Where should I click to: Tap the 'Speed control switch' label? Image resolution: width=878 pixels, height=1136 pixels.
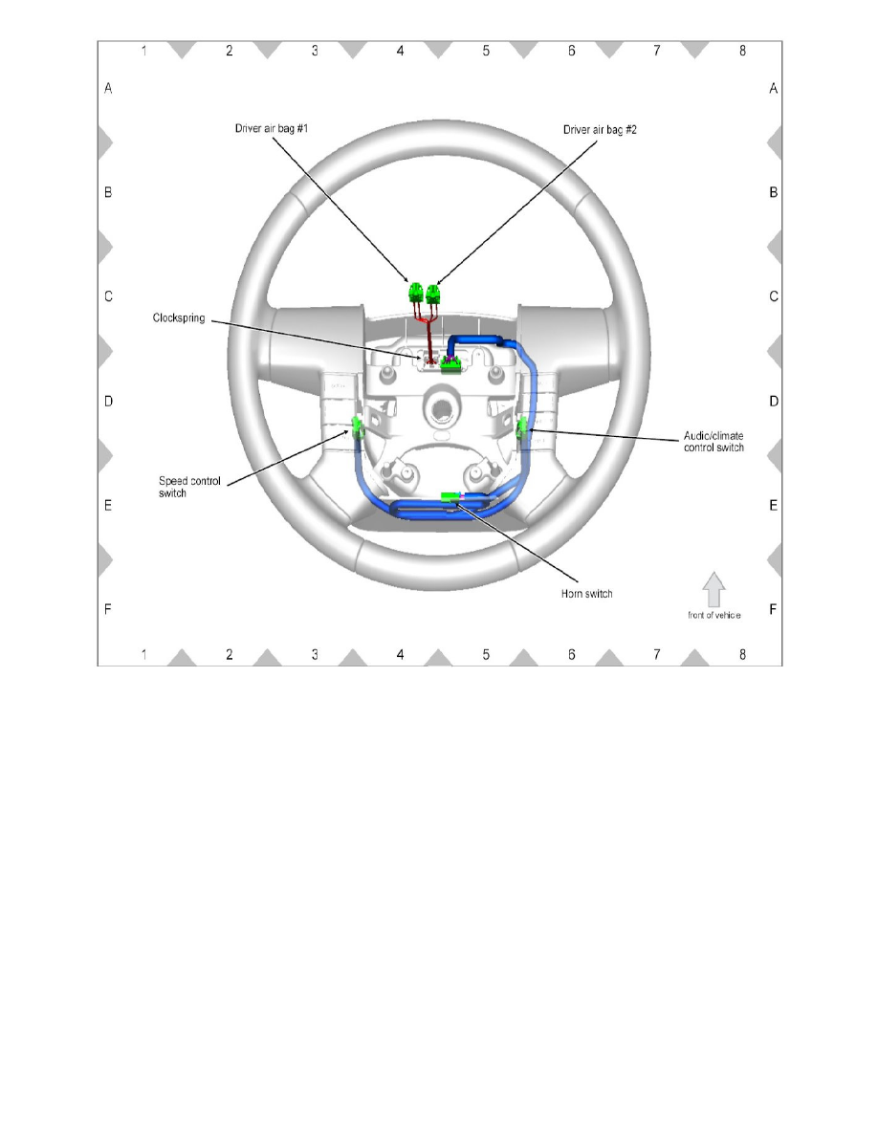[189, 487]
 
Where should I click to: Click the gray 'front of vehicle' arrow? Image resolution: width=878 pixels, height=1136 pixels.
[713, 588]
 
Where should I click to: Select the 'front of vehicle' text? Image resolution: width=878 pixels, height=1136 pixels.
[713, 615]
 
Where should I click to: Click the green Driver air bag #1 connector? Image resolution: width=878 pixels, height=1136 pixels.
[416, 291]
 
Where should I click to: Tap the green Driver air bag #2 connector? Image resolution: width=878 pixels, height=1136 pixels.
[435, 291]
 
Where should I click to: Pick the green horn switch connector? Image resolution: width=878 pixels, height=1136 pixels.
[450, 496]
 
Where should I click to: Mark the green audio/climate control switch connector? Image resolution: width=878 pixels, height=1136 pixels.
[522, 428]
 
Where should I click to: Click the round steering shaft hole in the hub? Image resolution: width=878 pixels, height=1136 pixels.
[441, 406]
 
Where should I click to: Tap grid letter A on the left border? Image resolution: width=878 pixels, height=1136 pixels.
[108, 88]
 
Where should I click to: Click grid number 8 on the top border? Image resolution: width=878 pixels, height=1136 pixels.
[742, 51]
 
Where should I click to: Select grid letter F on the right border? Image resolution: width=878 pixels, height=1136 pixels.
[773, 608]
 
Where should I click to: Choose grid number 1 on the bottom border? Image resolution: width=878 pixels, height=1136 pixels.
[143, 655]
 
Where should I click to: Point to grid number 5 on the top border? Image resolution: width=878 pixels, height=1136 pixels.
[486, 51]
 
